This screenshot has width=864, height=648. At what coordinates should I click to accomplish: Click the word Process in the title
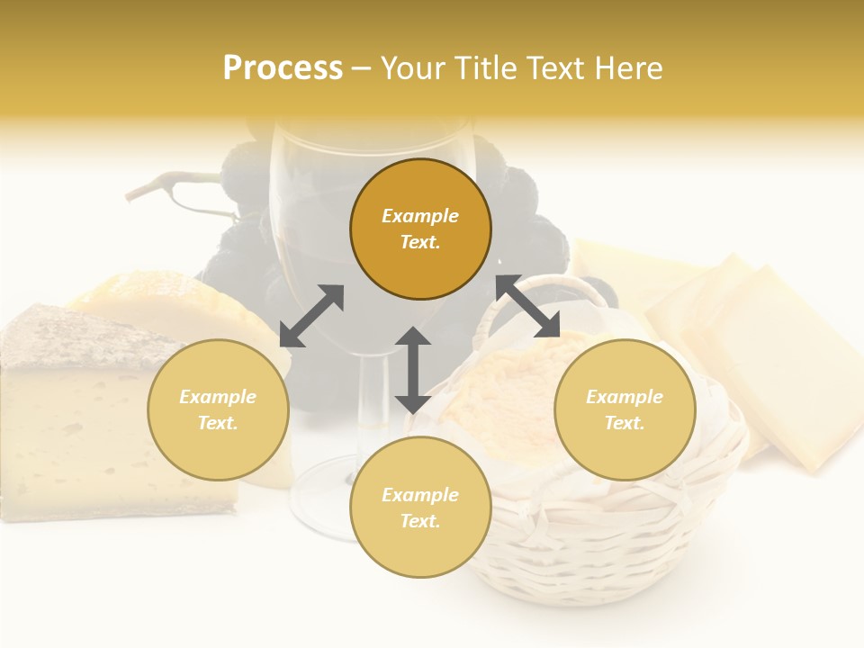[283, 68]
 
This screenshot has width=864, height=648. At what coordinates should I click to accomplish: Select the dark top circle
[420, 229]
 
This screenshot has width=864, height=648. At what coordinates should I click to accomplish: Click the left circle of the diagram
[218, 409]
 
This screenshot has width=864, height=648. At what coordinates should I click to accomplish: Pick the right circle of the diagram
[625, 409]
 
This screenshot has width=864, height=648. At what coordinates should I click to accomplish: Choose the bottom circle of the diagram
[420, 507]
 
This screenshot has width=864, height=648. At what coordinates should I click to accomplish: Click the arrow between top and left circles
[311, 316]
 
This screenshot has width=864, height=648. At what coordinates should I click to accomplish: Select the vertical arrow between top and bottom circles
[413, 370]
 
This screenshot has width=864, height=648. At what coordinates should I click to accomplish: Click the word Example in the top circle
[420, 216]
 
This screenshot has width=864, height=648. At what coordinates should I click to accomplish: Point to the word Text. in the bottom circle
[420, 521]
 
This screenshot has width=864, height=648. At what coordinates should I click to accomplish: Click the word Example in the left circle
[218, 397]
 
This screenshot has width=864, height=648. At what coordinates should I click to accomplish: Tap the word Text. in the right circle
[625, 423]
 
